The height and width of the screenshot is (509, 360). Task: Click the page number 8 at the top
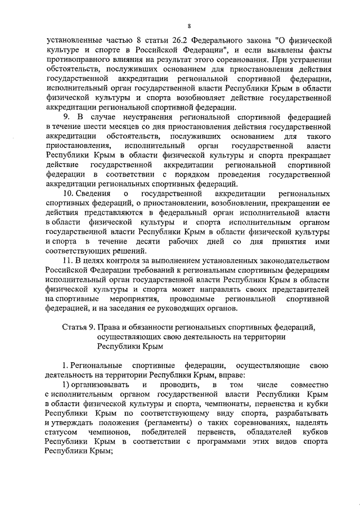pos(190,26)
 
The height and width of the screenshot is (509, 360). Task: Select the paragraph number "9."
pos(65,118)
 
